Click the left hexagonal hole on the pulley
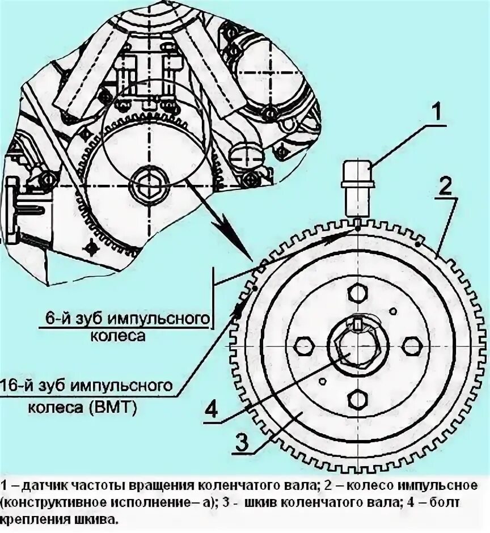pyautogui.click(x=303, y=346)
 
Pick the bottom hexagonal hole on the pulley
pyautogui.click(x=358, y=400)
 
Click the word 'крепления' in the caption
pyautogui.click(x=31, y=519)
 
